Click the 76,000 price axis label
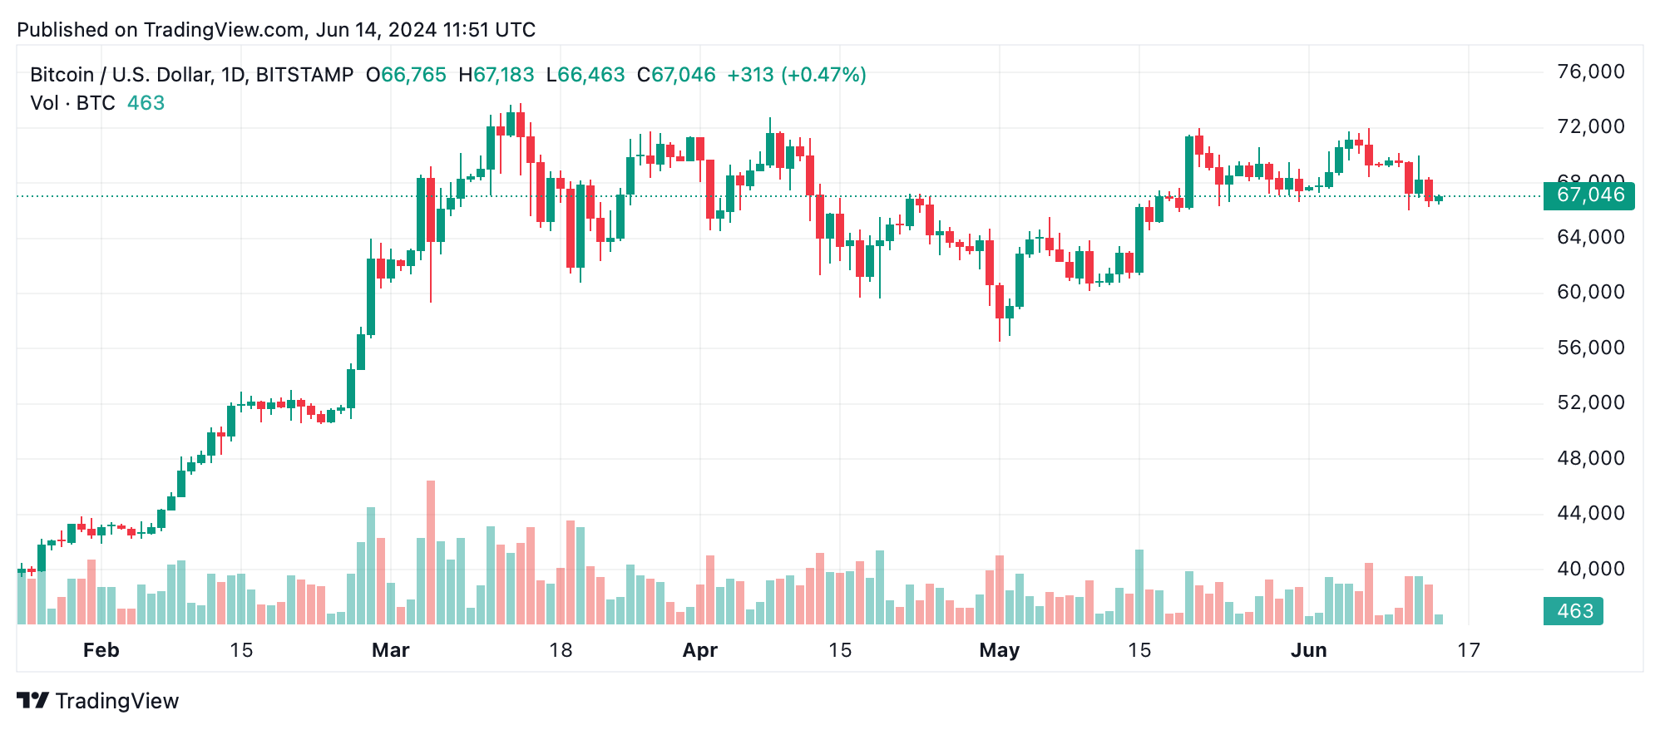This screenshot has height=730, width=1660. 1590,72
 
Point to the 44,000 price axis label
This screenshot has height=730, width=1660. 1590,513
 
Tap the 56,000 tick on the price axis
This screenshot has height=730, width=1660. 1590,348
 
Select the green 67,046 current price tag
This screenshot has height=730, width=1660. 1588,195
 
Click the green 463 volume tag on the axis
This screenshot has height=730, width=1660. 1574,611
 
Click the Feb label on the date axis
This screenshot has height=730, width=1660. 101,650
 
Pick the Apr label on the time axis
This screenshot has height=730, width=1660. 699,650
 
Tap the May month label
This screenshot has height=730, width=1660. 999,650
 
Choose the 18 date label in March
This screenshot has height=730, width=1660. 561,650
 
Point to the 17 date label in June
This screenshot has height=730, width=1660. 1468,650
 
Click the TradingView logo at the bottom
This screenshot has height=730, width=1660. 98,701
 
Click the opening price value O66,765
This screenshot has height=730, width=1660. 407,75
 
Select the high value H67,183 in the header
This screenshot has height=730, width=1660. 497,75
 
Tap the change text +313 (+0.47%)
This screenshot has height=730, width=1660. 796,75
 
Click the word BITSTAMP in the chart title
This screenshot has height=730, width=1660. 304,75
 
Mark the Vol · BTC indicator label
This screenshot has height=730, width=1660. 72,103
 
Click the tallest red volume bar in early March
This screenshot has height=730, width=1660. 431,552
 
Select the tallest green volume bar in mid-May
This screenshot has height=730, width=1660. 1139,586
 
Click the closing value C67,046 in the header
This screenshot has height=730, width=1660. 676,75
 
